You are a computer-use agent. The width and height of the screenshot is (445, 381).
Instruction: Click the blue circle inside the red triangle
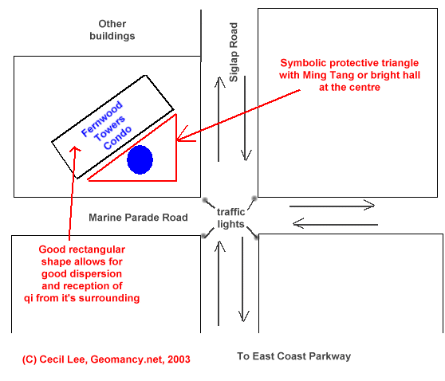140,159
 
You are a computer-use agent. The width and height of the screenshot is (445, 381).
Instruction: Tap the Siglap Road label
234,53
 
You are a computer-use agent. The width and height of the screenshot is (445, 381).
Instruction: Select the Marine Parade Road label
138,218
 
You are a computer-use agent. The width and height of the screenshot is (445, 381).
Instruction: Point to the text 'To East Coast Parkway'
294,356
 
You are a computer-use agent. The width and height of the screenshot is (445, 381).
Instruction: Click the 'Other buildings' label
112,30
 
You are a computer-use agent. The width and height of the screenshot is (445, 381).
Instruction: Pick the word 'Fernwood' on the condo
101,119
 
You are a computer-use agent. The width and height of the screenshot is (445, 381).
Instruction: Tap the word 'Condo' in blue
117,138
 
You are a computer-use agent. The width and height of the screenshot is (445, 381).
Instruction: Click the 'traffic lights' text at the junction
230,218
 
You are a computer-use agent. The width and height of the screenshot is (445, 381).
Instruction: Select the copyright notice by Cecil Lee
106,359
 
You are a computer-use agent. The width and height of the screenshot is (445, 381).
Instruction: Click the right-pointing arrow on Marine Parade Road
332,205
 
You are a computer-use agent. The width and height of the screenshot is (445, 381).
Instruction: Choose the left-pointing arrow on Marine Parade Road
335,224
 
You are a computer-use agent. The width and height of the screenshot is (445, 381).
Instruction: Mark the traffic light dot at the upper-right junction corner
254,198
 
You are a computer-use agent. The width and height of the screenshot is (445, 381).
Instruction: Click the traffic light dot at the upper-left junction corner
205,200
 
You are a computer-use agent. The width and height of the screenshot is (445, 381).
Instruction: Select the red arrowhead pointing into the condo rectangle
75,149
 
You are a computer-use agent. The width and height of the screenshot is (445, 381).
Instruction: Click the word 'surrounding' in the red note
109,298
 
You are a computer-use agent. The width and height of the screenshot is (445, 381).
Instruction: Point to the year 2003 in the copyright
179,359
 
